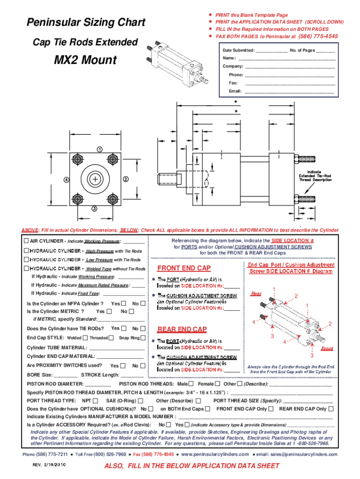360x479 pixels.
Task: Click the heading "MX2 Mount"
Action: (x=85, y=61)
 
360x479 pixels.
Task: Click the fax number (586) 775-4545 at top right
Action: (x=318, y=36)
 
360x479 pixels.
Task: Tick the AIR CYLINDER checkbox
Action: (x=27, y=241)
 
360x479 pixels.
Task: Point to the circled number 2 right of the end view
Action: (x=126, y=179)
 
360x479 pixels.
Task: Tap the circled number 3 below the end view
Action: (x=94, y=209)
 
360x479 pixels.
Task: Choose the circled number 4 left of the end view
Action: (x=67, y=180)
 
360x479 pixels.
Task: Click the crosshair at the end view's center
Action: (x=96, y=180)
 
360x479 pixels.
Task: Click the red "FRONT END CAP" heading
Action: (x=184, y=269)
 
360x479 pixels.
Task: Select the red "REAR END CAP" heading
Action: (x=182, y=329)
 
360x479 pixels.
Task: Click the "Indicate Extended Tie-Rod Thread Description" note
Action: (x=316, y=175)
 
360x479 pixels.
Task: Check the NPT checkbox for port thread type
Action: (x=95, y=400)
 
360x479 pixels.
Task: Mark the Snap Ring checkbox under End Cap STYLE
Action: (x=143, y=338)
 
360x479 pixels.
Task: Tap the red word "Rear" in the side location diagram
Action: (x=256, y=294)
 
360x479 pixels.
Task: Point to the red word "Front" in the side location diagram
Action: (x=327, y=349)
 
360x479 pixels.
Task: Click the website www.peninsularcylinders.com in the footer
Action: (x=215, y=454)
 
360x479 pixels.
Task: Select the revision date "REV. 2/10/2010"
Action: (x=49, y=465)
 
